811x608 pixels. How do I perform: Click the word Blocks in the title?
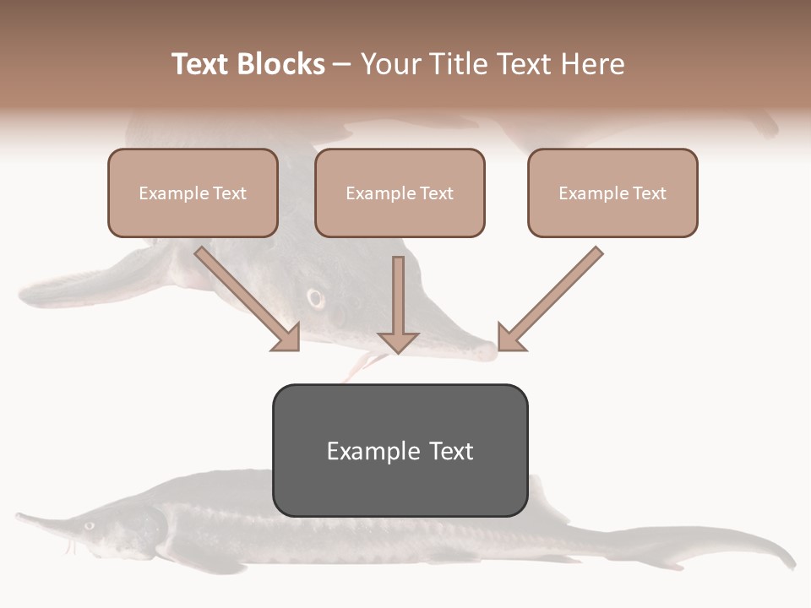click(x=281, y=64)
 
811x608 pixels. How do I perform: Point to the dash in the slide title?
click(x=342, y=65)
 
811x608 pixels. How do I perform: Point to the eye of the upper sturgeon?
click(x=316, y=298)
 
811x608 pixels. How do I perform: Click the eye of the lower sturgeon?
click(x=89, y=525)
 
